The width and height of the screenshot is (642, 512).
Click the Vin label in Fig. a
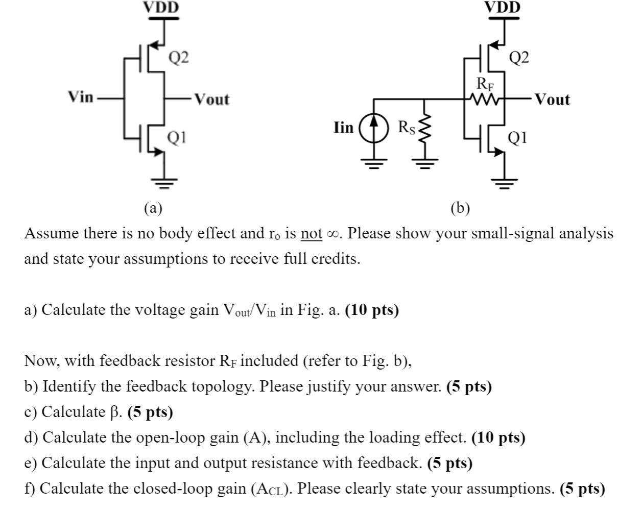tap(81, 96)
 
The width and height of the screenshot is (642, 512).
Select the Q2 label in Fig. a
tap(179, 58)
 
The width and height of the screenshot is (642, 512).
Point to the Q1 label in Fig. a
tap(177, 137)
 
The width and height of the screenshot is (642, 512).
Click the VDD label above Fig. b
tap(502, 7)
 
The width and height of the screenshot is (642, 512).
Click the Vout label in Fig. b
tap(552, 99)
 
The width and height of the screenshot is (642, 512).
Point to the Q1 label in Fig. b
tap(518, 137)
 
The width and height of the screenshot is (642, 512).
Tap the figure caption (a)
tap(153, 208)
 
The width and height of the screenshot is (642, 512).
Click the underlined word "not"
tap(312, 234)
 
